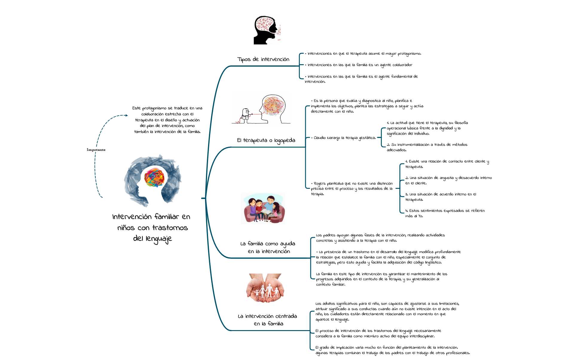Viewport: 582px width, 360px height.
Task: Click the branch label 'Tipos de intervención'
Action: tap(263, 59)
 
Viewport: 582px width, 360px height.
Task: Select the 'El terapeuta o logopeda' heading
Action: tap(266, 140)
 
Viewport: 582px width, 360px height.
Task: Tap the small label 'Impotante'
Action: tap(96, 150)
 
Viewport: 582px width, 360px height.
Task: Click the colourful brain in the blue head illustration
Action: tap(154, 177)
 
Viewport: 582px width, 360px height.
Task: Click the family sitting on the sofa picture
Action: tap(263, 208)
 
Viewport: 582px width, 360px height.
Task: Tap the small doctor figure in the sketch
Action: tap(246, 114)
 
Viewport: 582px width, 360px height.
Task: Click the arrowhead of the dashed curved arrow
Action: tap(126, 115)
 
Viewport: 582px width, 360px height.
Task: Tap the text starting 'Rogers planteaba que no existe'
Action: tap(352, 189)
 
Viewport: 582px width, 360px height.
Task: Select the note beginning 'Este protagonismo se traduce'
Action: tap(167, 120)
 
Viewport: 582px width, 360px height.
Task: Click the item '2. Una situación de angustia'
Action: tap(448, 180)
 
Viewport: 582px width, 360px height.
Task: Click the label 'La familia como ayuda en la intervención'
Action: tap(268, 247)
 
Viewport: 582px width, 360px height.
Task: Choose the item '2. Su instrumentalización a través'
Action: tap(427, 147)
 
